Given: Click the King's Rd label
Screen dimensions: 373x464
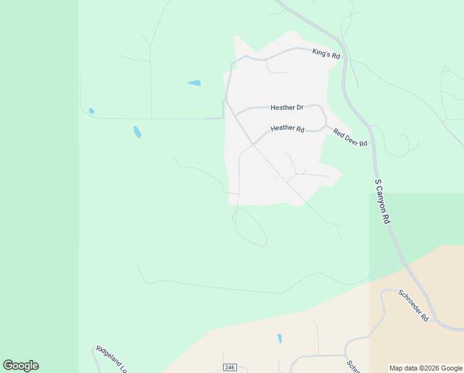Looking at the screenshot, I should (326, 54).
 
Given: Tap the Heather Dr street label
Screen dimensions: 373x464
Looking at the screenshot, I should (287, 108).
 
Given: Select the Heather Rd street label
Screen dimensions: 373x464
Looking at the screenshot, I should (287, 129).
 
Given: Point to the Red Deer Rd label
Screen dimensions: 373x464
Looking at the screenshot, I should (350, 138).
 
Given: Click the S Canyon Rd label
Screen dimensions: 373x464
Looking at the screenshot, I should (383, 202).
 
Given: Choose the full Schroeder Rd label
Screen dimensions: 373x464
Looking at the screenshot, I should (413, 305).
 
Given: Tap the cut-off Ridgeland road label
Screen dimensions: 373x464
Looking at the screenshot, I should (111, 359).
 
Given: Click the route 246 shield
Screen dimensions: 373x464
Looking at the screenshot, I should (230, 367).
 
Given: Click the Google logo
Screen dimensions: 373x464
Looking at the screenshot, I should (20, 366).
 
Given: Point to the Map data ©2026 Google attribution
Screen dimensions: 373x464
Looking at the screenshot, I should (426, 368).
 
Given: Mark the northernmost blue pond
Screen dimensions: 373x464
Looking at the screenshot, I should (194, 83).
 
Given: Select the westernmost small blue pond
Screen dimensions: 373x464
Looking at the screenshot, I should (91, 111).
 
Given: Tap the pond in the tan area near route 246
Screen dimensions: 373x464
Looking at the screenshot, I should (280, 339).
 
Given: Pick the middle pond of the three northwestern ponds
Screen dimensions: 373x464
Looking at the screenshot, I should (137, 132).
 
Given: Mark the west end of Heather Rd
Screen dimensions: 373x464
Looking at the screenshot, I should (252, 144).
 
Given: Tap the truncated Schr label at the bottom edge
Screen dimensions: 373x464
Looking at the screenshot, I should (352, 367).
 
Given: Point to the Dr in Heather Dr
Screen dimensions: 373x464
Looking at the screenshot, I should (299, 108).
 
